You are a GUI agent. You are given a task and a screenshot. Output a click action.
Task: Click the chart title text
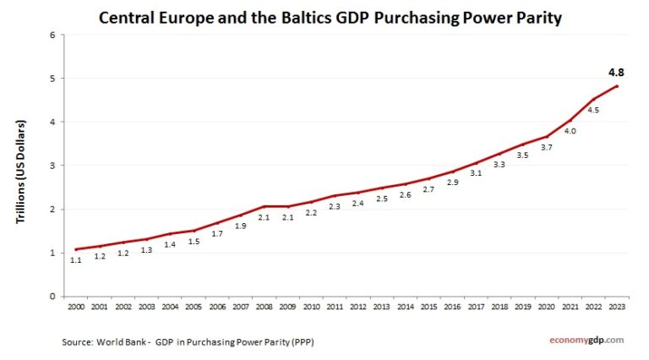330,17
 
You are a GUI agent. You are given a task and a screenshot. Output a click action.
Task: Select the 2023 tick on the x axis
619,307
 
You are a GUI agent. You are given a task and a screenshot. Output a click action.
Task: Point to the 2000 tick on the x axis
76,307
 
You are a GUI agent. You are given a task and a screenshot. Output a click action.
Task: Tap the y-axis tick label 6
52,35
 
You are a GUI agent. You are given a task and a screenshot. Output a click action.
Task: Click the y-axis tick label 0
52,297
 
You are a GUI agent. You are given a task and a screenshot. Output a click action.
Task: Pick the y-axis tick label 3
52,166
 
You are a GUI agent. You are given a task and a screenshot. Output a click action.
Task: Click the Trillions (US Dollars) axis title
22,172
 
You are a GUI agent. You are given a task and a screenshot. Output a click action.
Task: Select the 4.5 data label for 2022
593,111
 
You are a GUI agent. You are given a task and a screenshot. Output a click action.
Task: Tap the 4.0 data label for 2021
570,131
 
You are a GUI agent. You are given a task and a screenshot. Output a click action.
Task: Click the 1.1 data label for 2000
76,260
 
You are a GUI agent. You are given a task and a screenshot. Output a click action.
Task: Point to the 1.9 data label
240,226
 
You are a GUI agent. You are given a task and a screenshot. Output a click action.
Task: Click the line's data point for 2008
264,206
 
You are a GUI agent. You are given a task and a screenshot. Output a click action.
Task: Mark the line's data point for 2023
618,86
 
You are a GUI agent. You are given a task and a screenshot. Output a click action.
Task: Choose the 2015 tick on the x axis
429,307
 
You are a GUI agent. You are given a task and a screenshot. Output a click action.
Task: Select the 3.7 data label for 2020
546,148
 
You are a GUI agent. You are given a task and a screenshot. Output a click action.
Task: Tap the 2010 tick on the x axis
312,307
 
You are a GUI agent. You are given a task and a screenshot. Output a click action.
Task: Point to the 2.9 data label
452,183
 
